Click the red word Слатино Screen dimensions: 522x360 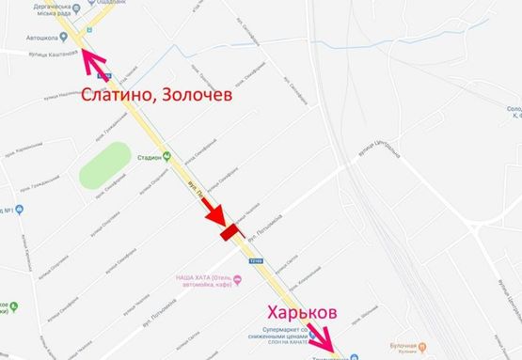118,94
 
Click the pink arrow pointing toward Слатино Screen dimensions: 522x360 93,61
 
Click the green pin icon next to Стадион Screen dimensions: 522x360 167,157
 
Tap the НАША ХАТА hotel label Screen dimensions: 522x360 203,279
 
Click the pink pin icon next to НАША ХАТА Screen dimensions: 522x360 238,279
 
